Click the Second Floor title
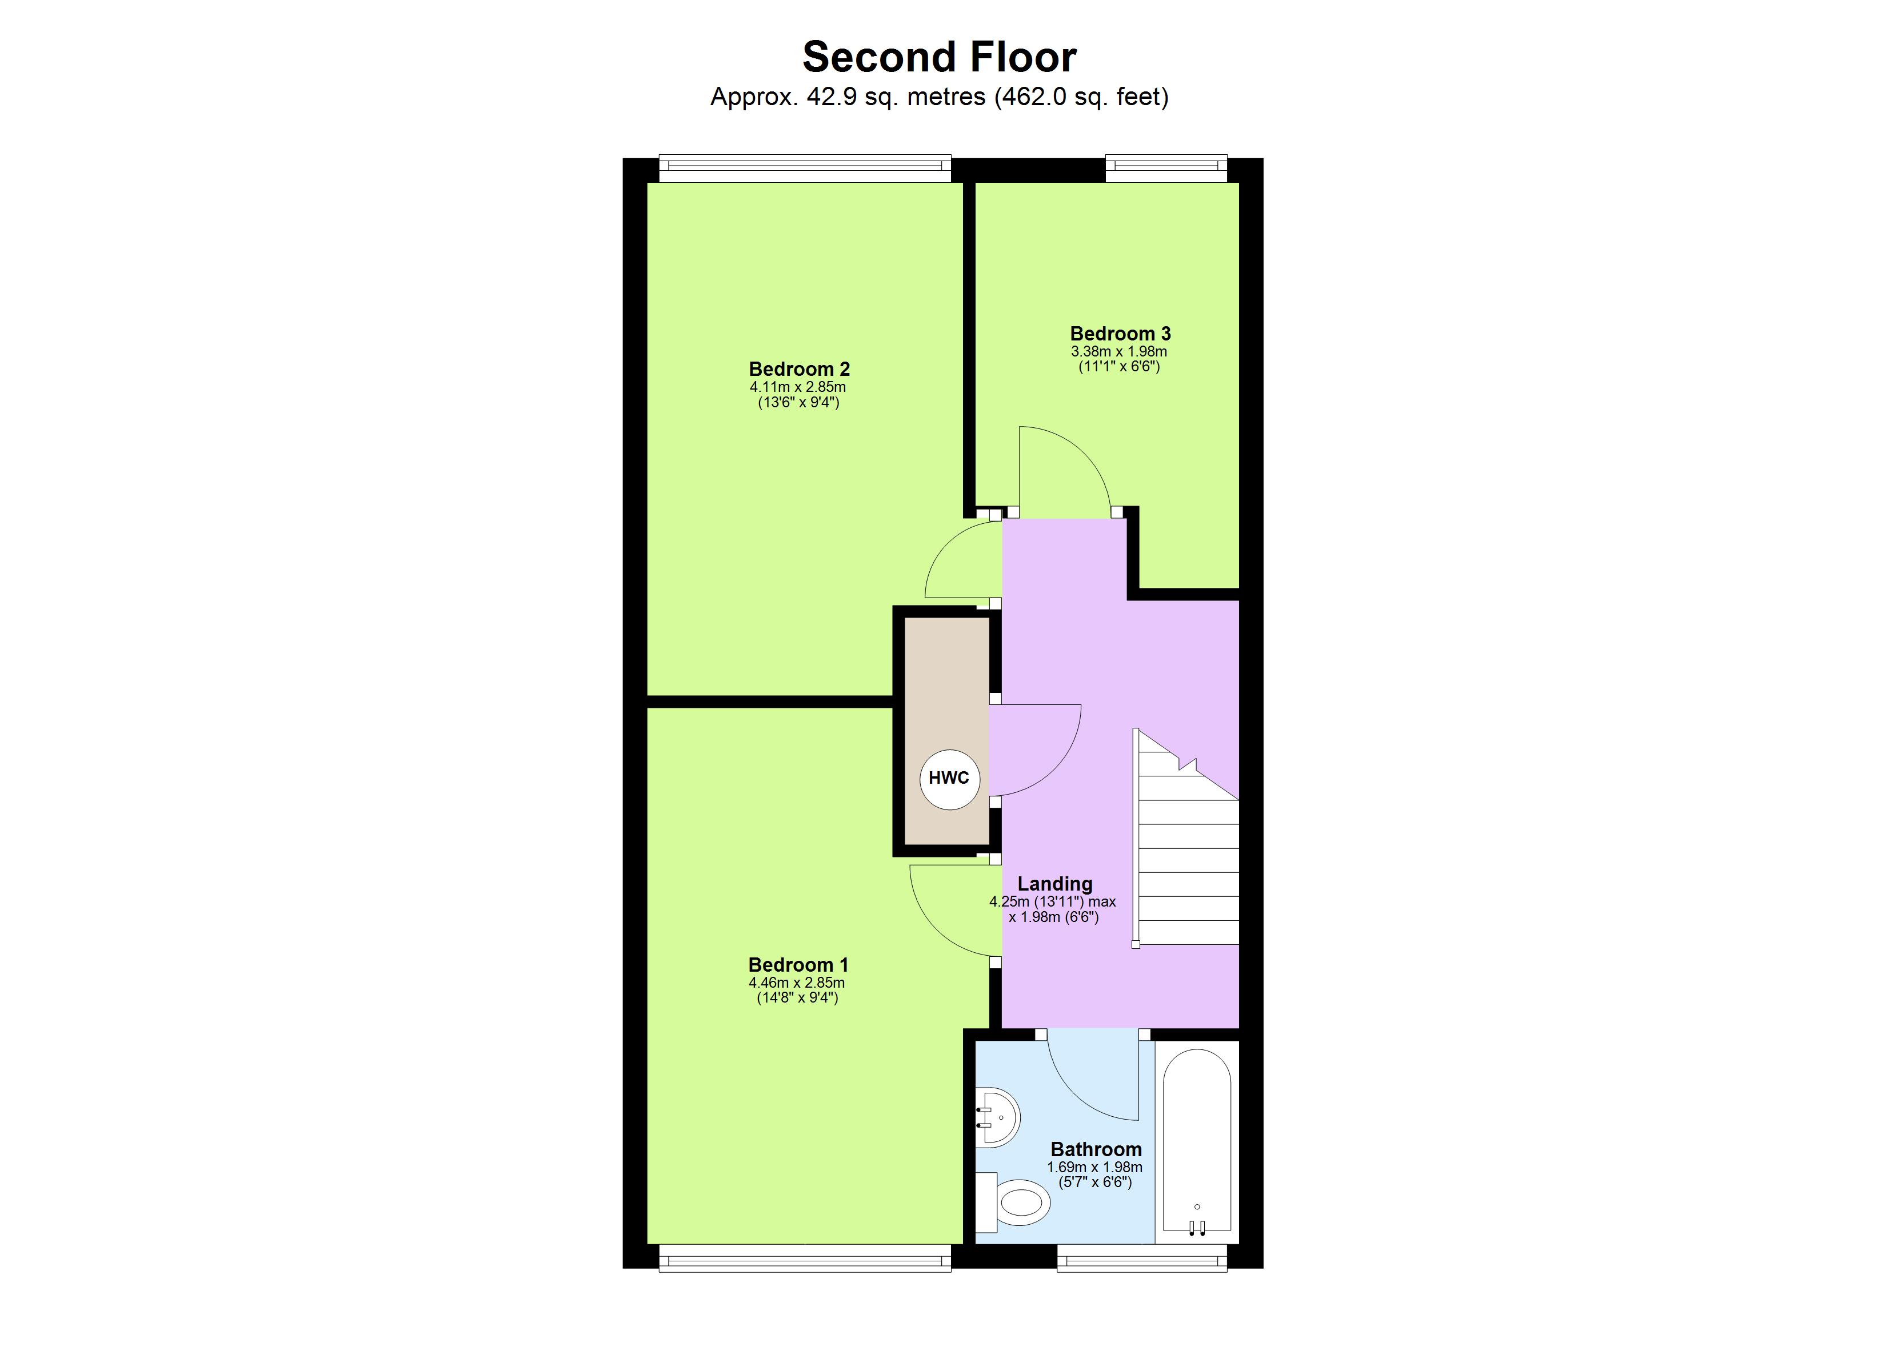(x=939, y=57)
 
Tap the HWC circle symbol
(x=949, y=778)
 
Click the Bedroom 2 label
(x=798, y=368)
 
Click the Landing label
(x=1054, y=884)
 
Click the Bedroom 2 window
(x=804, y=169)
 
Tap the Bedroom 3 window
(x=1166, y=169)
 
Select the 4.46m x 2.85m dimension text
(x=797, y=982)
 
